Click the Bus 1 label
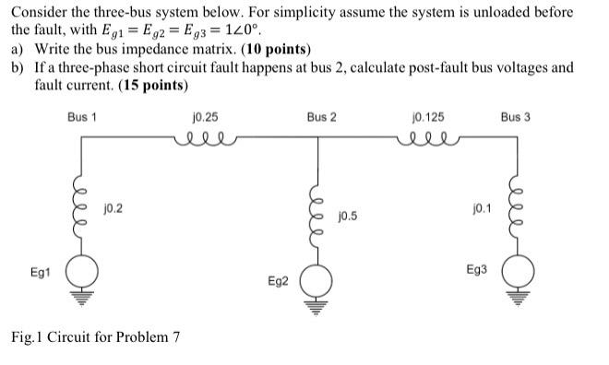coord(82,118)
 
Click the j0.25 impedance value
coord(205,118)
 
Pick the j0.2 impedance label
coord(113,208)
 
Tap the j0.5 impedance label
coord(348,217)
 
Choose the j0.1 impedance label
coord(481,208)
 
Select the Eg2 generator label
coord(277,279)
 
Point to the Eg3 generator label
coord(476,270)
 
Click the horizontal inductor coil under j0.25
coord(204,139)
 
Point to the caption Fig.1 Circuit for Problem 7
coord(96,337)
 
